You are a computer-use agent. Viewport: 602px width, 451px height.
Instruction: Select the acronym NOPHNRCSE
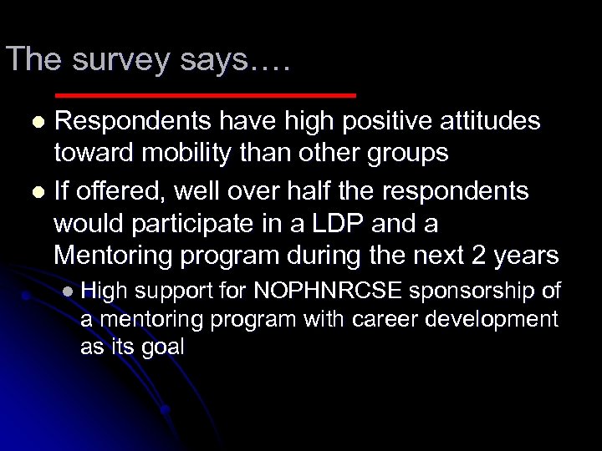(329, 291)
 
